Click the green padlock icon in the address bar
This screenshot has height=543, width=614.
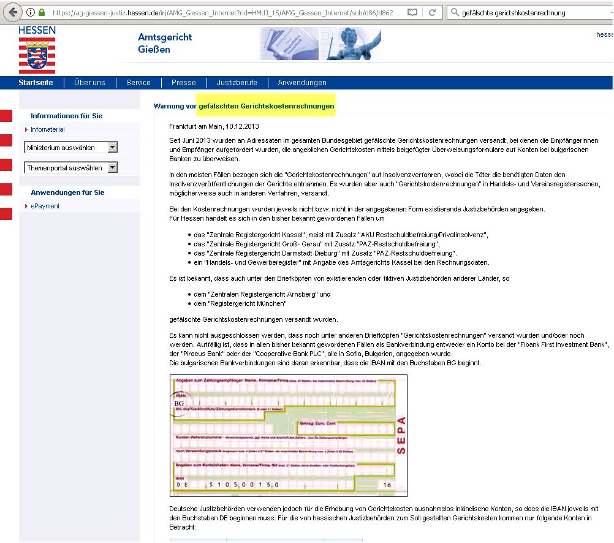pos(42,12)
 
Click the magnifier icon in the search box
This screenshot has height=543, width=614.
pos(455,12)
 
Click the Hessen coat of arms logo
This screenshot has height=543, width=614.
pos(37,55)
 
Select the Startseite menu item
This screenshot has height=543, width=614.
pos(36,83)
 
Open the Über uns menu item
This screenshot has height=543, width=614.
pos(89,83)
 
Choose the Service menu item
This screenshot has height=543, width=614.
pos(138,83)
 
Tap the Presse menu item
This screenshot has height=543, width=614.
pos(184,83)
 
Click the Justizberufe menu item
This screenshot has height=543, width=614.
pos(237,83)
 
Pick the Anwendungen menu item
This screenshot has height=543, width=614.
pos(302,83)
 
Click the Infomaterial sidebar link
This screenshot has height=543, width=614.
pos(48,129)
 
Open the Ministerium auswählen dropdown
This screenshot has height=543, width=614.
pos(71,147)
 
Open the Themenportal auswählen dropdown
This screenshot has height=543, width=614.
pos(71,167)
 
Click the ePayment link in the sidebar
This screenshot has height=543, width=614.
pos(45,206)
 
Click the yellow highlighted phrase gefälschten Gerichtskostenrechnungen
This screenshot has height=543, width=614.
pos(267,106)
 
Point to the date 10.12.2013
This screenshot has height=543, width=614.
pos(242,126)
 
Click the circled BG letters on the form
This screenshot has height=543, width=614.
pos(180,405)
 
